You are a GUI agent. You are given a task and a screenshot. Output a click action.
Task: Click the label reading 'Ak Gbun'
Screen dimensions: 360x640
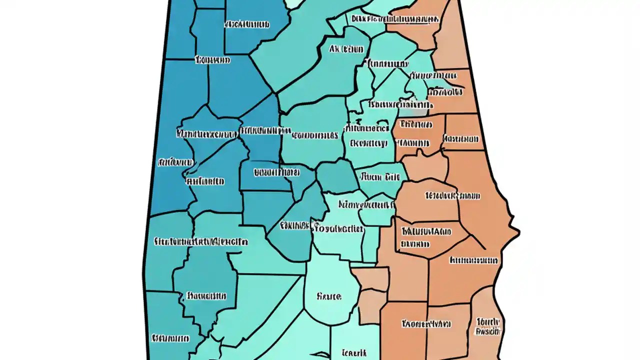(x=346, y=49)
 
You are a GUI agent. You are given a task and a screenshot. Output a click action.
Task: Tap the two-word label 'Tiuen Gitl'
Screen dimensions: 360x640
(x=379, y=177)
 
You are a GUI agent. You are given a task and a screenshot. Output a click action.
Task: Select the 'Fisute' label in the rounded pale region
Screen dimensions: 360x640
(x=329, y=296)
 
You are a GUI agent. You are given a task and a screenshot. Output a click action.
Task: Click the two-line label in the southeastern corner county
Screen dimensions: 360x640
(x=488, y=325)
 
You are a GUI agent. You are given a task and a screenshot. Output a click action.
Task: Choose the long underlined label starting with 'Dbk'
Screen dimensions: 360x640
(x=395, y=19)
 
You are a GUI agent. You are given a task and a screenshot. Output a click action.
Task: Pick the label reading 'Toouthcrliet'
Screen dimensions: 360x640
(x=337, y=229)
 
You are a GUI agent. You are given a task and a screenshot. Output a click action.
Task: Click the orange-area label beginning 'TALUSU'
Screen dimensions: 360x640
(x=426, y=232)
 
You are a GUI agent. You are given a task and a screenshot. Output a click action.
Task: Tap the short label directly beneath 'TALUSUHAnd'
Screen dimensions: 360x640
(x=414, y=244)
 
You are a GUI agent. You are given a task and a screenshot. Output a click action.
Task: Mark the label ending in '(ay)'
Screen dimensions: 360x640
(x=368, y=143)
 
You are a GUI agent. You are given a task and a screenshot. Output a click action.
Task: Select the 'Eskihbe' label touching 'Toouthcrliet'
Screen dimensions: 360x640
(x=294, y=225)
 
